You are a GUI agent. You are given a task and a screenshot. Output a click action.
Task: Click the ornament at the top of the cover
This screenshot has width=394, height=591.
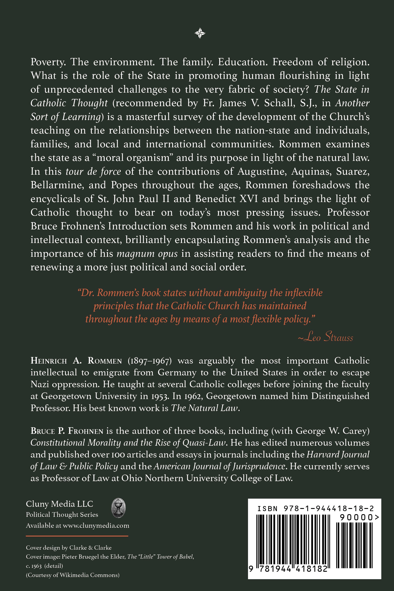click(x=200, y=33)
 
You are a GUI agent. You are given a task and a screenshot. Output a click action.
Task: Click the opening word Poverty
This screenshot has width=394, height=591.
click(x=48, y=62)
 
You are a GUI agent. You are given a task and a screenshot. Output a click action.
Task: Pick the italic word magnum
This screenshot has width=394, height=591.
click(x=133, y=253)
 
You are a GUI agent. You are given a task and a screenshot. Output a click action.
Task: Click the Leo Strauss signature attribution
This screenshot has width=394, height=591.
click(x=326, y=337)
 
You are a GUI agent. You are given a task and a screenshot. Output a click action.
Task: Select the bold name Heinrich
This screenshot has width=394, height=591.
click(x=49, y=361)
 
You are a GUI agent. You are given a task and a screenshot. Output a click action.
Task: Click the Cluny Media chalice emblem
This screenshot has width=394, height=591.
click(x=119, y=508)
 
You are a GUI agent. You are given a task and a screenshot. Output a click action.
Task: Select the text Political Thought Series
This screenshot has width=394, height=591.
click(x=62, y=515)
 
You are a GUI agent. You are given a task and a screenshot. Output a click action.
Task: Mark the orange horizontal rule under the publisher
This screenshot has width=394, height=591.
click(x=77, y=536)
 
